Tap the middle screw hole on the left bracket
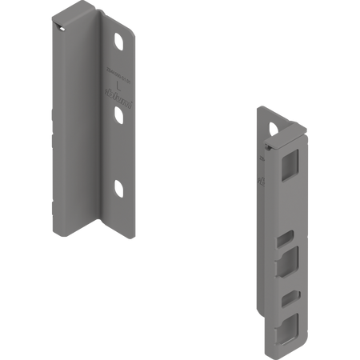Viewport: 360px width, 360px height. pyautogui.click(x=119, y=114)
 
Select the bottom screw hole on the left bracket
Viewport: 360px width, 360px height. pyautogui.click(x=119, y=189)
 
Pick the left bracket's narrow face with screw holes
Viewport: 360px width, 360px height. pyautogui.click(x=120, y=144)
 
